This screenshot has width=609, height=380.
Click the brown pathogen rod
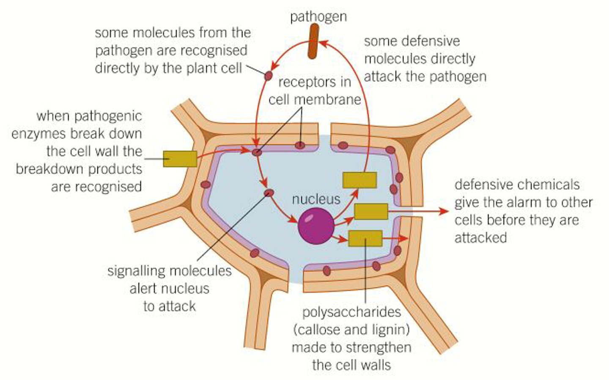click(313, 41)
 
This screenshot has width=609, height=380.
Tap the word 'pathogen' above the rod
click(318, 17)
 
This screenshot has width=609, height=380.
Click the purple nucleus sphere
click(316, 226)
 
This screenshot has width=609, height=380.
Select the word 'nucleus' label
click(316, 199)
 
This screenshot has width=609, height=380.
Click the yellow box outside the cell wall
click(180, 159)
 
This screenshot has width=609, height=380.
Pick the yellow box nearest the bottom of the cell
click(365, 238)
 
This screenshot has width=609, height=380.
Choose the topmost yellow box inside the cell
click(359, 180)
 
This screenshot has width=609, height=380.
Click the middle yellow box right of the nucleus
click(371, 211)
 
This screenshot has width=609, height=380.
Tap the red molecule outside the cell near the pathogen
click(269, 76)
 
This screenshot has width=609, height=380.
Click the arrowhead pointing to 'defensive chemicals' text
click(444, 211)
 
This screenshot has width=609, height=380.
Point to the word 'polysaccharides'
click(351, 312)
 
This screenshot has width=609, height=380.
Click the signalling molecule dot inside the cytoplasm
click(269, 193)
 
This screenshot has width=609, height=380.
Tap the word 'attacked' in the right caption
click(480, 238)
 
